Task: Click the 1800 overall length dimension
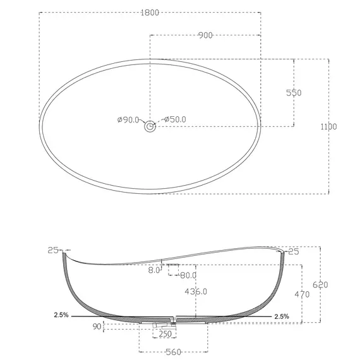[150, 13]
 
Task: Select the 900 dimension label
[205, 35]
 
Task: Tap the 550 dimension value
[294, 93]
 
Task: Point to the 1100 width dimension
[328, 126]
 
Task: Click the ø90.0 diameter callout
[128, 119]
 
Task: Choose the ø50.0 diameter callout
[175, 119]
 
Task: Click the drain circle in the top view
[150, 126]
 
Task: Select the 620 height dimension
[320, 285]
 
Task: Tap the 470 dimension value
[302, 294]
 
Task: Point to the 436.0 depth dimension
[196, 292]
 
